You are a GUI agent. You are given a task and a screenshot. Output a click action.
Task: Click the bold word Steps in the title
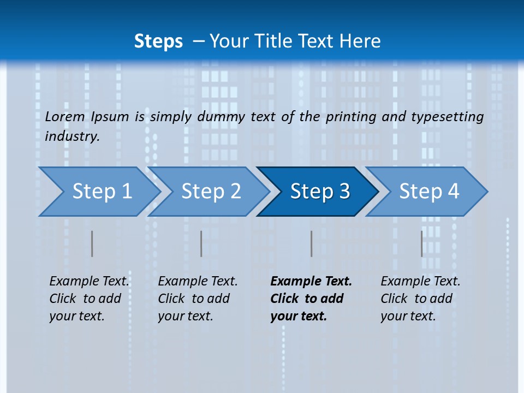[x=158, y=41]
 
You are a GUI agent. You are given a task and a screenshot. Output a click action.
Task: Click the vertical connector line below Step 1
[x=92, y=243]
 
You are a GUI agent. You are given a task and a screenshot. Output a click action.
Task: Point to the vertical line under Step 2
[x=201, y=243]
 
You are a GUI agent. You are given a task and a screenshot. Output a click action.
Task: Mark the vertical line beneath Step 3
[x=312, y=243]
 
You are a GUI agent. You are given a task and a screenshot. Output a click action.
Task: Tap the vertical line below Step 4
[x=421, y=243]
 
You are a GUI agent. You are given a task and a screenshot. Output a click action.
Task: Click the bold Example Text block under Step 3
[x=311, y=299]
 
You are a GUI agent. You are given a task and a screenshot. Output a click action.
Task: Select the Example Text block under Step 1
[x=89, y=299]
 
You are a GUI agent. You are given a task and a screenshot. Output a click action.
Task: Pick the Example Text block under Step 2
[x=198, y=299]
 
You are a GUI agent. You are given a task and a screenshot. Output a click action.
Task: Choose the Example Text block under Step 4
[x=420, y=299]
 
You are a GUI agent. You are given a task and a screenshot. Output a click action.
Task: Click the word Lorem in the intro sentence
[x=65, y=117]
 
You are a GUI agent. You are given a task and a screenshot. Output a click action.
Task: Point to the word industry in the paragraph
[x=72, y=136]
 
